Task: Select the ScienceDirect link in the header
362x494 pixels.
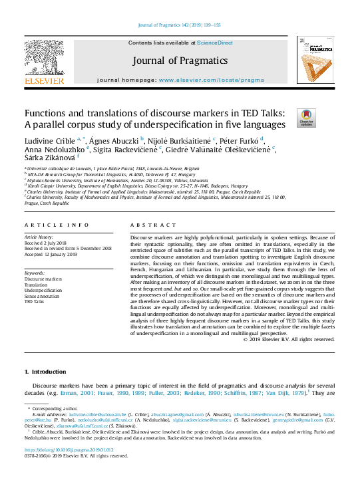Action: tap(214, 43)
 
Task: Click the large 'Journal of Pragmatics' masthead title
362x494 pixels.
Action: tap(180, 61)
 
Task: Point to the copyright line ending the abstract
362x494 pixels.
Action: tap(289, 339)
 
